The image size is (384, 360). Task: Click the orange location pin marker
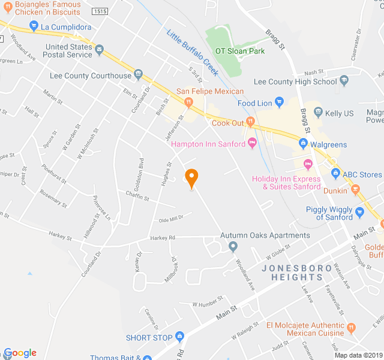tap(191, 178)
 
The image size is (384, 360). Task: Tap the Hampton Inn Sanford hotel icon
tap(252, 143)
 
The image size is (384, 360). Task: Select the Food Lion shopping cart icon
tap(279, 102)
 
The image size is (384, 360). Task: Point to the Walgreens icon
tap(303, 143)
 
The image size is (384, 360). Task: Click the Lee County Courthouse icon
tap(139, 76)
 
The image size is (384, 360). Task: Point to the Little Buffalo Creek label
tap(191, 53)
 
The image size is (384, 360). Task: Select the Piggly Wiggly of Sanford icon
tap(360, 212)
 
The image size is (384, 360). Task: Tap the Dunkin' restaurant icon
tap(356, 190)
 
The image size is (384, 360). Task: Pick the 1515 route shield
tap(100, 12)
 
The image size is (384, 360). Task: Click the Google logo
tap(20, 353)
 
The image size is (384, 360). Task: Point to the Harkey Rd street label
tap(163, 238)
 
